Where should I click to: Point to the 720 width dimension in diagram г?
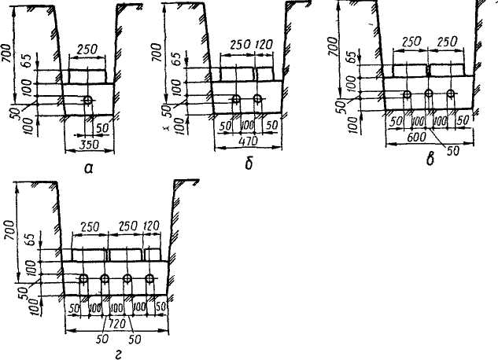117,323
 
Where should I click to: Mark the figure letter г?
116,354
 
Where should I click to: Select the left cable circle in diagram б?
236,100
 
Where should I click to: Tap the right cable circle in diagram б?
258,100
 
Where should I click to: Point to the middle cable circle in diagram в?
429,94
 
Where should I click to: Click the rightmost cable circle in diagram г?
149,279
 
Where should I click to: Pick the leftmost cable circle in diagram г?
83,279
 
